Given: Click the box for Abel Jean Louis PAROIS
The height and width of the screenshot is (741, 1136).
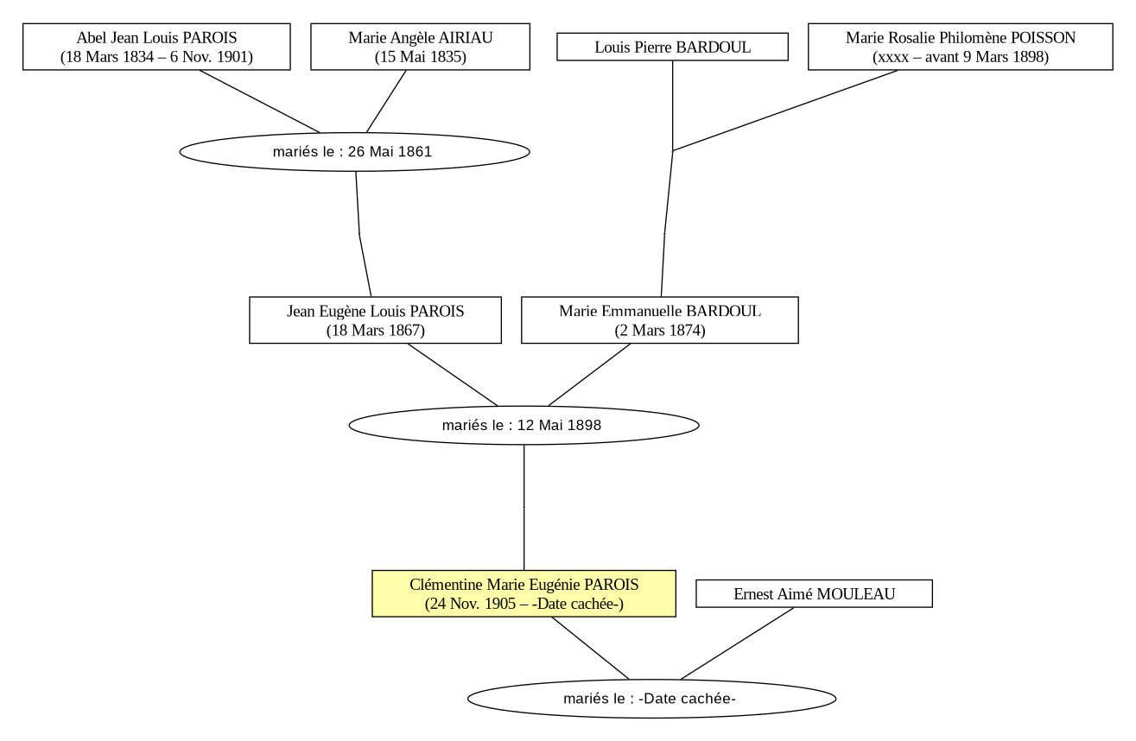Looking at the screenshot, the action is [156, 47].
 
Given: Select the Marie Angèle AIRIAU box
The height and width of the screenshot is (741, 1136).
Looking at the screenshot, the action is [421, 47].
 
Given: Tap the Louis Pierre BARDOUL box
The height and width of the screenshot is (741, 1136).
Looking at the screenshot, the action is [672, 47].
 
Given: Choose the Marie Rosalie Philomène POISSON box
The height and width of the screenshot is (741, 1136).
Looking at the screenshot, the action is [961, 47].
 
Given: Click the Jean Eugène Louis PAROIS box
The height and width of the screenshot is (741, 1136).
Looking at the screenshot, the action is [375, 320].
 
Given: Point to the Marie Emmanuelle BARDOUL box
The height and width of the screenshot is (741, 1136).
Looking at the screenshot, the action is [660, 320].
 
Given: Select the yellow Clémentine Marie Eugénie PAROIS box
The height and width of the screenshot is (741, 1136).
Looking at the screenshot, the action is [524, 593].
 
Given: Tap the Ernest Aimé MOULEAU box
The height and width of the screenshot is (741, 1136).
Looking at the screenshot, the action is [814, 593].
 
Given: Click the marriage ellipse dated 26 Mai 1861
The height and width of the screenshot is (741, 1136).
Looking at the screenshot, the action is [355, 152].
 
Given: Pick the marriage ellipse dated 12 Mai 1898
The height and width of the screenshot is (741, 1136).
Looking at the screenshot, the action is [524, 425].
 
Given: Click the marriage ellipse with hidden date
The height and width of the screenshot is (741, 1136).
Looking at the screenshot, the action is [651, 699].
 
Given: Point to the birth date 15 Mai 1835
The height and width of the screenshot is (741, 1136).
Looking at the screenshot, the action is [421, 57].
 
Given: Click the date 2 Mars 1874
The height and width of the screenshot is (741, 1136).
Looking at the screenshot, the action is [660, 331].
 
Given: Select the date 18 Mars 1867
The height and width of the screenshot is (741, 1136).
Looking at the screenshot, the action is [375, 331].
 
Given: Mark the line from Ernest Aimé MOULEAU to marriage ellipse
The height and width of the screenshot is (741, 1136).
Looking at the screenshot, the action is [737, 643].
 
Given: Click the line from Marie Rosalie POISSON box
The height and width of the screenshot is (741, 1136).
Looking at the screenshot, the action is [785, 111].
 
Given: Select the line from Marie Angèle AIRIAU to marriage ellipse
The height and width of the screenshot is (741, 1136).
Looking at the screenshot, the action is [386, 101].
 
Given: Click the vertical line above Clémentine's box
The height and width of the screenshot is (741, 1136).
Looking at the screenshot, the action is [524, 507].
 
